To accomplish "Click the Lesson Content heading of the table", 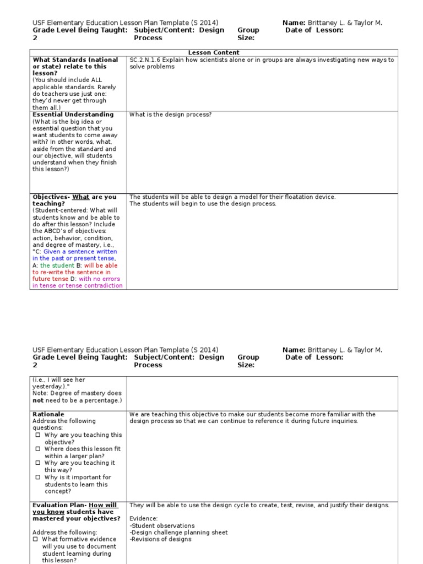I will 214,53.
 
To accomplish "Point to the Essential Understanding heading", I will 73,115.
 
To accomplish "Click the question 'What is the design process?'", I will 170,115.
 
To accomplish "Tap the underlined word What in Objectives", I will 81,197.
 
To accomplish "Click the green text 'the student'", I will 57,265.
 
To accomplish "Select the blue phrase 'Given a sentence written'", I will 80,252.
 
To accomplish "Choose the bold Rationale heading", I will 48,414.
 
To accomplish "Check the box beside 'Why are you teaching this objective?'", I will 38,435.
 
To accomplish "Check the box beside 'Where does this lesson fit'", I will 38,449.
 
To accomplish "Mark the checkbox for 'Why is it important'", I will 38,477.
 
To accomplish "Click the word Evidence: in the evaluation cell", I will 144,519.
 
